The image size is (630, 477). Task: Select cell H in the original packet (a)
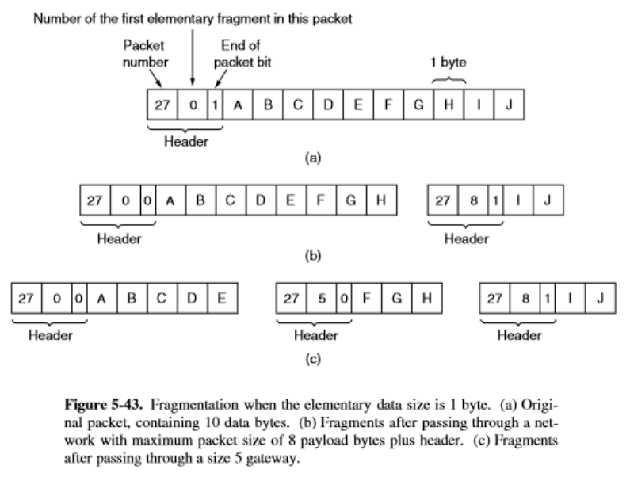pos(449,105)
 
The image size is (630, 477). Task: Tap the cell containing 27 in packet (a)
pos(163,105)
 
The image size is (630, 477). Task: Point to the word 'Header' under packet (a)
pos(185,141)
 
